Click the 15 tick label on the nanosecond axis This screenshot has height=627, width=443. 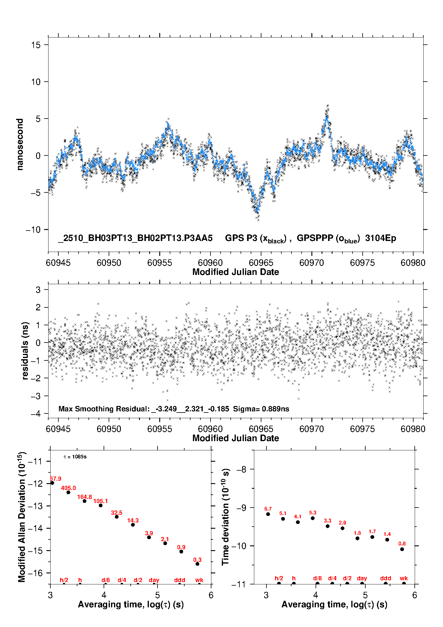pos(36,45)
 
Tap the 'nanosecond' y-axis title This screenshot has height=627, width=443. pos(20,144)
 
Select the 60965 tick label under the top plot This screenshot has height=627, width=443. pos(261,263)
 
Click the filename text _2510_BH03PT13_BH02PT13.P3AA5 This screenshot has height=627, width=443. pos(135,238)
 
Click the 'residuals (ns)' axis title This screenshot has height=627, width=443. pos(25,351)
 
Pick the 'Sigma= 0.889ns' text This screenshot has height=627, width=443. pos(261,409)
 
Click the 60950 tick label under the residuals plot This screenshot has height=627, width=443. pos(109,429)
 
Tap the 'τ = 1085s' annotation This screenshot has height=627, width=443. pos(75,457)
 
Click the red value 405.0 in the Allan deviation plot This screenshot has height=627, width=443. pos(68,488)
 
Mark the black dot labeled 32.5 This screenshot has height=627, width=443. pos(117,517)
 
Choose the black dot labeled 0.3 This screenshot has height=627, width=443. pos(197,564)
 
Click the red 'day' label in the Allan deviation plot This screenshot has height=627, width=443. pos(154,580)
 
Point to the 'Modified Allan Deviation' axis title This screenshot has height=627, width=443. pos(22,517)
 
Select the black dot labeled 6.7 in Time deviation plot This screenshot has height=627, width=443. pos(268,514)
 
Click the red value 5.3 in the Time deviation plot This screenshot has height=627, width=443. pos(313,513)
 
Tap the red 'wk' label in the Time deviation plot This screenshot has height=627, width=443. pos(404,578)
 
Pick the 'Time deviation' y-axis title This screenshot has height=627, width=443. pos(225,517)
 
